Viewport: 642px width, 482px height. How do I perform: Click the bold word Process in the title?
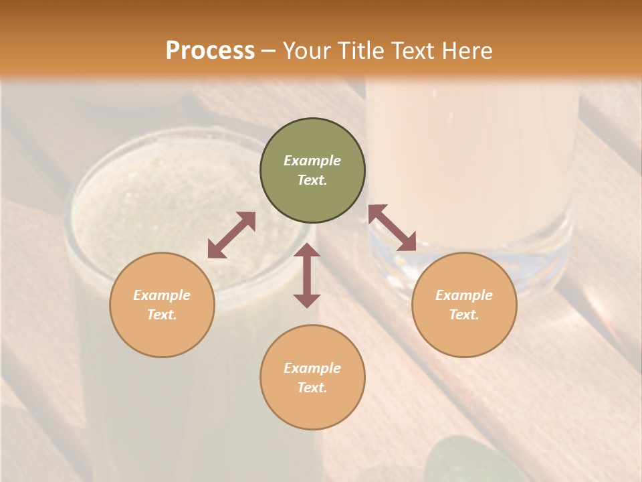(210, 51)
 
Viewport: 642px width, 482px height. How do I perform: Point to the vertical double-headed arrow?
(307, 275)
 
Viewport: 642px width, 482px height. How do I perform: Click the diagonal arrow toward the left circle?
(231, 235)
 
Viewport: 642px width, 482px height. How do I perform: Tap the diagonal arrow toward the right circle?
(392, 228)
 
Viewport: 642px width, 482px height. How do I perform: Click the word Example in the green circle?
(312, 161)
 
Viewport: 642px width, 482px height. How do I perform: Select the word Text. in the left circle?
(162, 315)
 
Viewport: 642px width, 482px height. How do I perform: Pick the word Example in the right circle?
(464, 295)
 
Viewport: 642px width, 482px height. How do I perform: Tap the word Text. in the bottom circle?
(312, 388)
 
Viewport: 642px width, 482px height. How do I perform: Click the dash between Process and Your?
(268, 51)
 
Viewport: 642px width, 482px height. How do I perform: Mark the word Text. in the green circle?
(312, 180)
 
